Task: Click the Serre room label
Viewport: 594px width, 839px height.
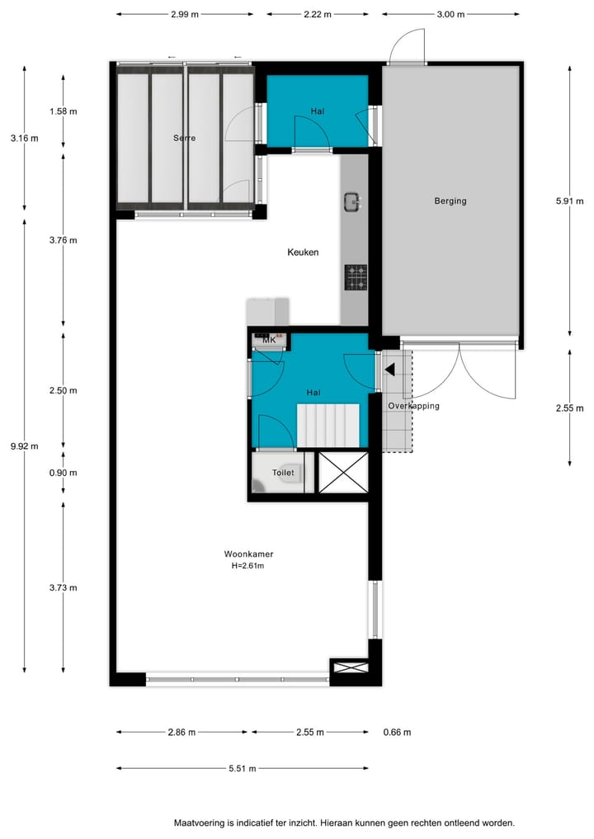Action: click(184, 139)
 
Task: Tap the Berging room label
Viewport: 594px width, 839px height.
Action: click(450, 200)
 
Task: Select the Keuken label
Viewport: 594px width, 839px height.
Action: click(302, 252)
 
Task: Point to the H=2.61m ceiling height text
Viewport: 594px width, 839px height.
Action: click(247, 566)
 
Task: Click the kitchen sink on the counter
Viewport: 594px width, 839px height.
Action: click(352, 200)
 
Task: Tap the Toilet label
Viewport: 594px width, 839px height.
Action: click(283, 474)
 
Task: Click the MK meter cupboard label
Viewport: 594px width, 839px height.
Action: click(268, 340)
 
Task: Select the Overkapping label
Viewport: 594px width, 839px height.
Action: click(414, 406)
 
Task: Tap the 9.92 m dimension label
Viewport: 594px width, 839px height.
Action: click(23, 446)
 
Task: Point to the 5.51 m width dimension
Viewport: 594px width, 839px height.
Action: click(243, 768)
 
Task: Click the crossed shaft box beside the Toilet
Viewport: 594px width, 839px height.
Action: click(342, 472)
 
